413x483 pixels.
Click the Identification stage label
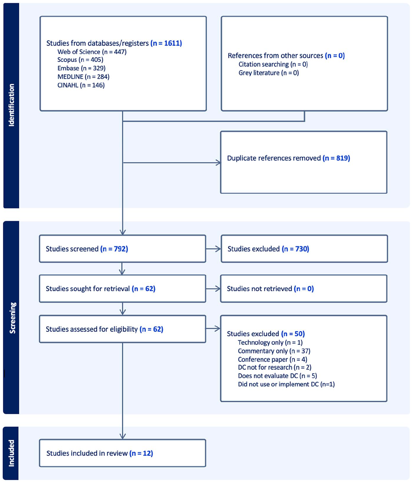(11, 105)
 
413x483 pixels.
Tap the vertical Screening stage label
(12, 318)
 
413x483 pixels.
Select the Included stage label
(11, 453)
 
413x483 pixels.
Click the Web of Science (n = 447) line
(92, 52)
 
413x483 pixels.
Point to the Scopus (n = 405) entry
(80, 60)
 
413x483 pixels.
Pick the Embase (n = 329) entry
(81, 68)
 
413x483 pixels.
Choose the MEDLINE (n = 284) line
(84, 77)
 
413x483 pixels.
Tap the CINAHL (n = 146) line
(81, 85)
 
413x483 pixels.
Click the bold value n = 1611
(166, 43)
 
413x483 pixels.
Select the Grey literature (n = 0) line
(269, 73)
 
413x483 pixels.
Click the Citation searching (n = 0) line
(273, 64)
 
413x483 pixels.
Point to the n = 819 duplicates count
(336, 158)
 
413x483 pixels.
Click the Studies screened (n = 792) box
(123, 249)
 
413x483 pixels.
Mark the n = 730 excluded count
(295, 249)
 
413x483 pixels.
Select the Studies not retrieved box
(304, 289)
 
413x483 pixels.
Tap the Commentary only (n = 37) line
(274, 351)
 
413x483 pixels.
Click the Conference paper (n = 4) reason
(272, 360)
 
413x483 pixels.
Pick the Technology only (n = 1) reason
(270, 343)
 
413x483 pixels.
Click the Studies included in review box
(123, 453)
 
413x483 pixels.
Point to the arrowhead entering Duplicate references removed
(218, 163)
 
